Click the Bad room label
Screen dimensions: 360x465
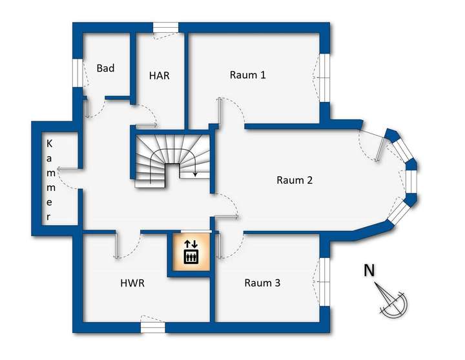point(106,68)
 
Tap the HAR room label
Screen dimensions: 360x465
point(159,75)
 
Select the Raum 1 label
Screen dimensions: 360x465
point(247,75)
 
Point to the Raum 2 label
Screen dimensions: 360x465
point(294,180)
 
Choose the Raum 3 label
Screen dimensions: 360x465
point(262,283)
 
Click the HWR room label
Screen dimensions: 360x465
point(132,283)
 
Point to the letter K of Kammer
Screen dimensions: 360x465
point(49,143)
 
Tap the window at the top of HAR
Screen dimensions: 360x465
point(165,27)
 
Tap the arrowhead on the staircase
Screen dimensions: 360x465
point(195,174)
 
